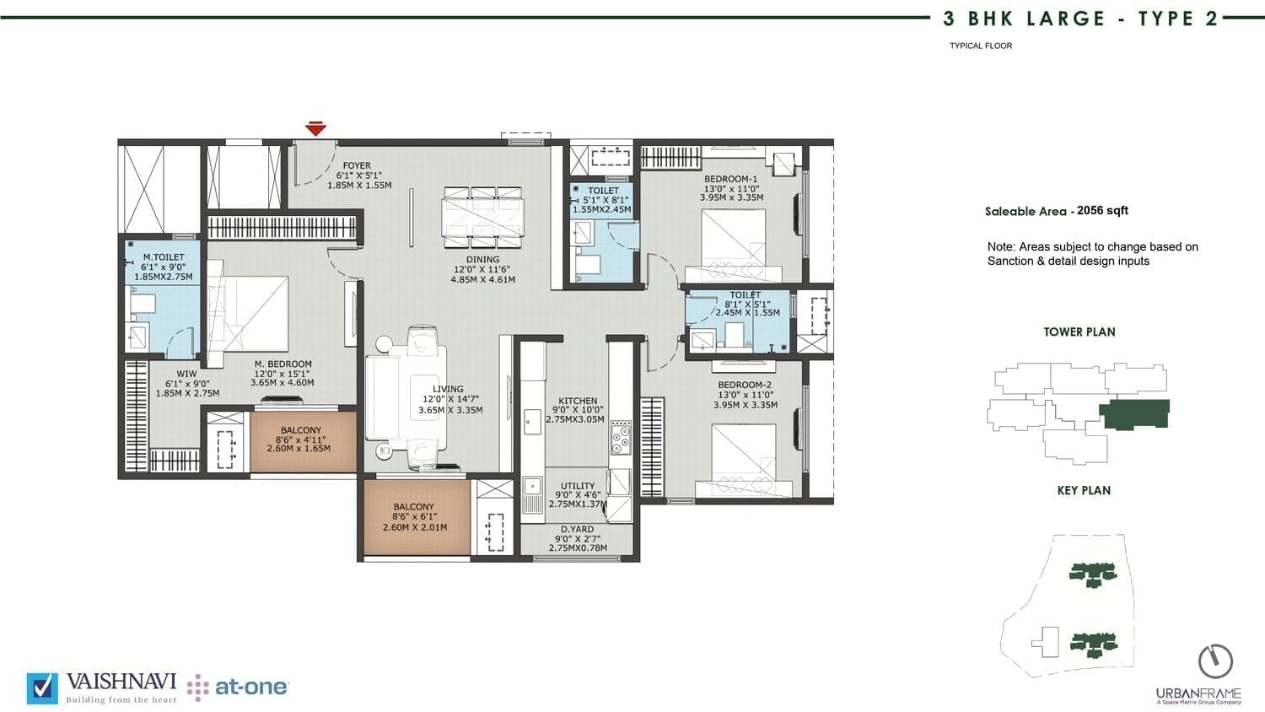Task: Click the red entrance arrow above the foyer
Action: pos(315,129)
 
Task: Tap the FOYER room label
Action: pos(357,165)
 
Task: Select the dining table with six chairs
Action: pos(483,218)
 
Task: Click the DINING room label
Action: pos(483,259)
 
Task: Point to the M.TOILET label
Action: pos(164,257)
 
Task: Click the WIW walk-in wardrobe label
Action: pos(187,374)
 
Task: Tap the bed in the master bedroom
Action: pos(249,314)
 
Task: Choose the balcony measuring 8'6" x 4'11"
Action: pos(304,441)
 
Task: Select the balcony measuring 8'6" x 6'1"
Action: pos(417,516)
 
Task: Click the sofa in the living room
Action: pos(406,397)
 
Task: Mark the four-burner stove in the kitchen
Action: pos(620,437)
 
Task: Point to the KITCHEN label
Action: pos(578,401)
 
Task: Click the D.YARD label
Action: pos(577,530)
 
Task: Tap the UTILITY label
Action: pos(578,486)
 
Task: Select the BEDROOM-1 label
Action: pos(731,179)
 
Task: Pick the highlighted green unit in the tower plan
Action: pos(1134,414)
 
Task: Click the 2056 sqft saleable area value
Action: pos(1102,210)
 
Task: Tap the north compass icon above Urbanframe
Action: pos(1216,661)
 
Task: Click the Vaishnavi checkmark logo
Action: pos(42,689)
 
